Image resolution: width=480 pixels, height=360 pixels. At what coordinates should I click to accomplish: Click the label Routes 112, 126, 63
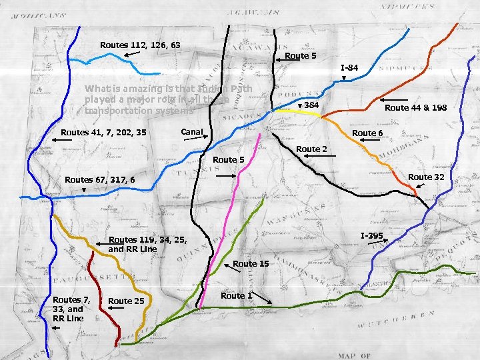(140, 45)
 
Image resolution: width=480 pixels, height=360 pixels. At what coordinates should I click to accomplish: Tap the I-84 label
(350, 68)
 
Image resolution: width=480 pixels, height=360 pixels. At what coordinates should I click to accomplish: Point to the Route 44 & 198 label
(415, 107)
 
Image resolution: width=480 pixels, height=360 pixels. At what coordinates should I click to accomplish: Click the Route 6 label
(367, 133)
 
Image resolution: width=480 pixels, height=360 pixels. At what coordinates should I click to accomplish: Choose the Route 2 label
(312, 149)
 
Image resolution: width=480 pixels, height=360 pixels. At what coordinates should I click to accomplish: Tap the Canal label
(192, 132)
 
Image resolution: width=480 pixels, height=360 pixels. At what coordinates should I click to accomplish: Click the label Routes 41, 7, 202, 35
(103, 132)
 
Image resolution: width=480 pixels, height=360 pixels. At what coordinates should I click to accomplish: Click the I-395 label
(371, 236)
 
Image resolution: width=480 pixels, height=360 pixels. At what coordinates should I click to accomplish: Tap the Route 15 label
(251, 264)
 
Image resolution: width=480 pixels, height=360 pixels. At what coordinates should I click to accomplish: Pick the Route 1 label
(237, 295)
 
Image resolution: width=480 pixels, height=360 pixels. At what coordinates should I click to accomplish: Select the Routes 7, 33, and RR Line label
(68, 309)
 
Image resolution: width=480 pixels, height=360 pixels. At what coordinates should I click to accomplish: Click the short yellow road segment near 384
(306, 114)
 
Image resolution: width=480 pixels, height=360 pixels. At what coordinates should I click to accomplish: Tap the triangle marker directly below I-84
(344, 79)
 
